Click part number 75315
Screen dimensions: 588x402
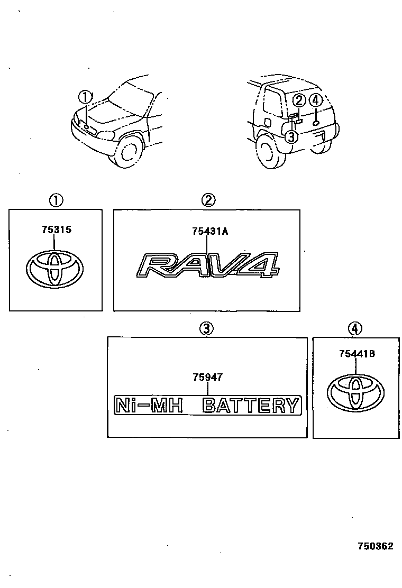tap(56, 230)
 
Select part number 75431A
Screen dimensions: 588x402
tap(210, 231)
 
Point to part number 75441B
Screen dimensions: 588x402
tap(357, 354)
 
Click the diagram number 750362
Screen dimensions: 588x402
tap(376, 546)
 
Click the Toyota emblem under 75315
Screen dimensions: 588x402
tap(54, 270)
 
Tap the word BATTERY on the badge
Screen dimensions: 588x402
tap(251, 406)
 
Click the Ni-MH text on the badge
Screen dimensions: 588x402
tap(150, 406)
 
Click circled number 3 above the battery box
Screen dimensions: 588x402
tap(206, 329)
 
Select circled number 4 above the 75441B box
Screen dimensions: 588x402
tap(355, 329)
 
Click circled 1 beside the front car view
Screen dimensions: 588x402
tap(85, 97)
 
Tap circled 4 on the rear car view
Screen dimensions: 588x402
tap(315, 100)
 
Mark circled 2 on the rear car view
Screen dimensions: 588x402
tap(299, 100)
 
